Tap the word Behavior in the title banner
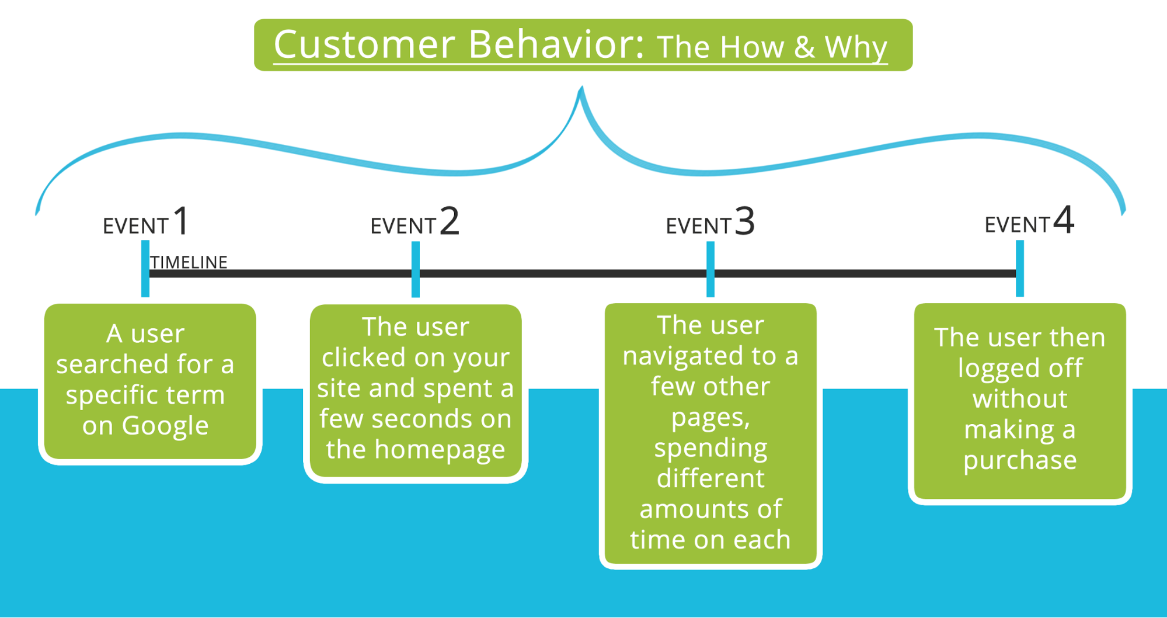(556, 44)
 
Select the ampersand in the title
(804, 47)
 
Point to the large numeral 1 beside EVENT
(182, 221)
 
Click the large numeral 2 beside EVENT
(450, 221)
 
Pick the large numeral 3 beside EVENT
(744, 221)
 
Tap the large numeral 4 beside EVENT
(1063, 220)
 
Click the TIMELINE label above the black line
(189, 262)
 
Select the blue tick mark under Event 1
(145, 269)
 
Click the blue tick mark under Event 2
(416, 269)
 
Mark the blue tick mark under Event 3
(710, 269)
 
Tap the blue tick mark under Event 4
(1020, 269)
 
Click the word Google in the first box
(165, 426)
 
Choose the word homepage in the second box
(440, 449)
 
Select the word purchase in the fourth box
(1020, 460)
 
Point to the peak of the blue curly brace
(581, 89)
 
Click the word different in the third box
(710, 478)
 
